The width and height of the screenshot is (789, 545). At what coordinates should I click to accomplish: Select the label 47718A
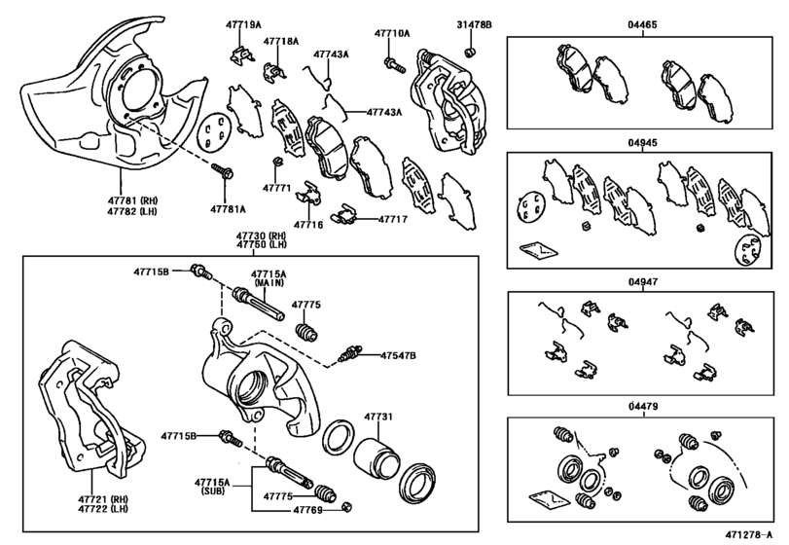(281, 42)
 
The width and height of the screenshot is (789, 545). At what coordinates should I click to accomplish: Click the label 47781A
(230, 209)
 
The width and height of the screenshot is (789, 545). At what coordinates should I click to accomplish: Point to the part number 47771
(275, 187)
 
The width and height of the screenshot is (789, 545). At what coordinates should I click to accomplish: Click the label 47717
(393, 220)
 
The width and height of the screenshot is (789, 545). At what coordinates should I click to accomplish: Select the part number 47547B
(398, 356)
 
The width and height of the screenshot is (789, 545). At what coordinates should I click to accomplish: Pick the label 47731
(378, 417)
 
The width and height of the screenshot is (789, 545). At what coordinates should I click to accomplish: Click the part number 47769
(308, 508)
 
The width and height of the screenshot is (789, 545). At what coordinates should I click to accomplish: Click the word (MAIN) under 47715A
(269, 283)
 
